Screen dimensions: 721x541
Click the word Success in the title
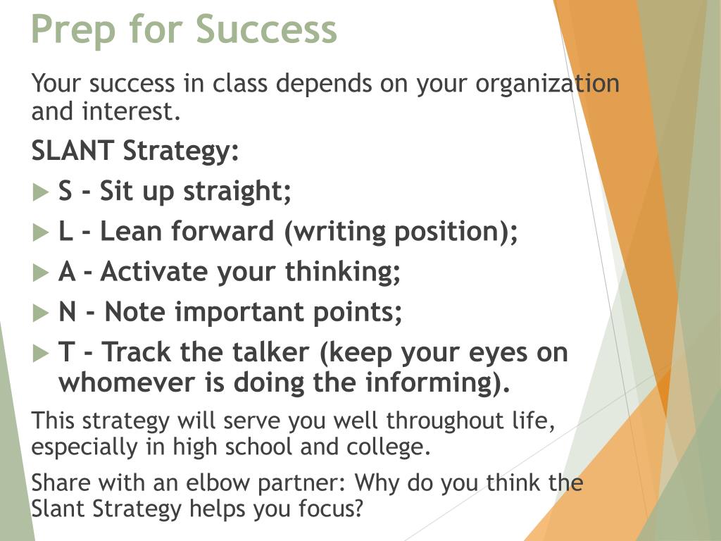pyautogui.click(x=267, y=29)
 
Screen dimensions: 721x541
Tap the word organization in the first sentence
pyautogui.click(x=547, y=85)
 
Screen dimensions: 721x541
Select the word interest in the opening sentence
pyautogui.click(x=131, y=112)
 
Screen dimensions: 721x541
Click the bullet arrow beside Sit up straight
pyautogui.click(x=41, y=192)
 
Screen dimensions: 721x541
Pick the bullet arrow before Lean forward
pyautogui.click(x=41, y=232)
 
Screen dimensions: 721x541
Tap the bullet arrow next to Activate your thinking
pyautogui.click(x=41, y=273)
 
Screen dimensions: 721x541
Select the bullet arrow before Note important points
pyautogui.click(x=41, y=313)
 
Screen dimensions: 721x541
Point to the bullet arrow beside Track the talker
pyautogui.click(x=41, y=354)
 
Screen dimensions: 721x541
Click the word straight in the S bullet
pyautogui.click(x=237, y=192)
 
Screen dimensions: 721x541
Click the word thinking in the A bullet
pyautogui.click(x=343, y=272)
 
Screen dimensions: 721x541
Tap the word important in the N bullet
pyautogui.click(x=239, y=313)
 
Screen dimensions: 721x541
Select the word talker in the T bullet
pyautogui.click(x=270, y=352)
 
